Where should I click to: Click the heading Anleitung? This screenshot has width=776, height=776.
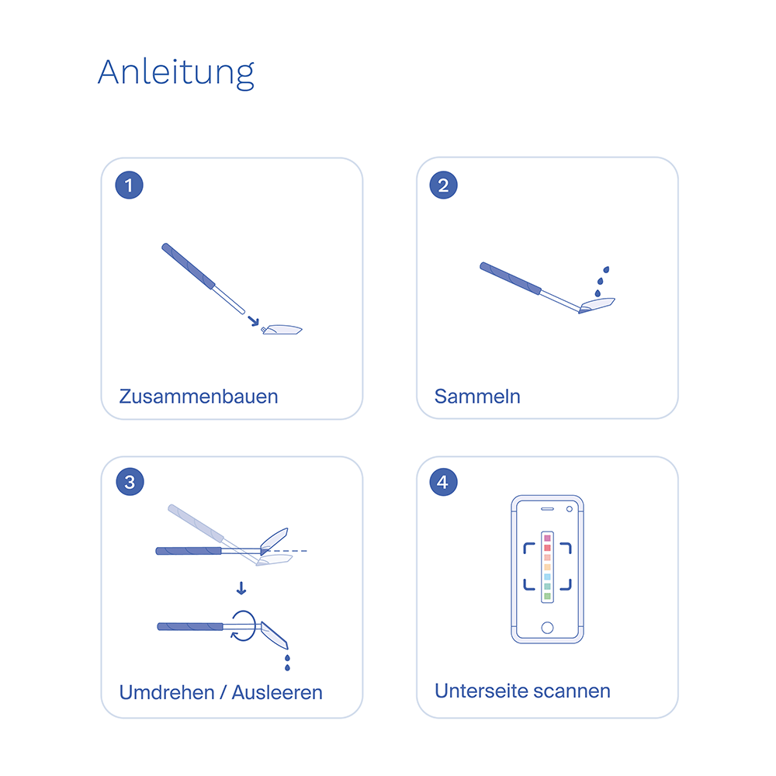[176, 72]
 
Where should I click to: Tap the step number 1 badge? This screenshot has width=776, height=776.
[129, 185]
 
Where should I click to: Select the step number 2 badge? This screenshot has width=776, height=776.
[443, 185]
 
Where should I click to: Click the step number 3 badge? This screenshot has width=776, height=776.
[129, 482]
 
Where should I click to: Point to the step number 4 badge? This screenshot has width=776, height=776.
[443, 482]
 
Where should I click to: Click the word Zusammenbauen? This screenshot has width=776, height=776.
[199, 397]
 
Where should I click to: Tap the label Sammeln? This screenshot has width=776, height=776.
[477, 397]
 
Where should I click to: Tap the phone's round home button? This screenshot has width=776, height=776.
[547, 627]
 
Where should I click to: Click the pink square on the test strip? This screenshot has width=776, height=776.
[547, 538]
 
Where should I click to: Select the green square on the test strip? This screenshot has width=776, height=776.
[547, 596]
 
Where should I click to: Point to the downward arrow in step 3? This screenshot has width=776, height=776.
[241, 588]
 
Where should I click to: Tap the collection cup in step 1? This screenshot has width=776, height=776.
[282, 330]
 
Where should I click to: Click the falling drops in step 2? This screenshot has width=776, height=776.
[602, 281]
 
